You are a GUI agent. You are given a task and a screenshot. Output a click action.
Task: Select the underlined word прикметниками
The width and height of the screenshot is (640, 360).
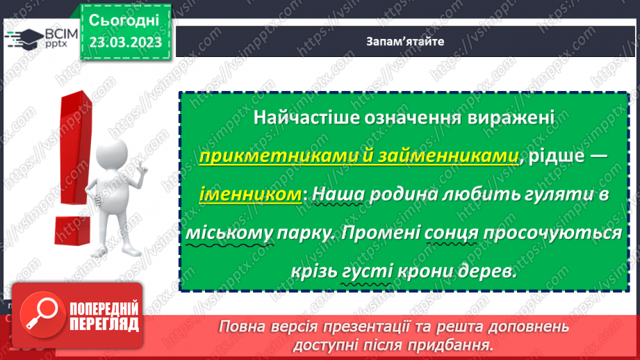tap(254, 157)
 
